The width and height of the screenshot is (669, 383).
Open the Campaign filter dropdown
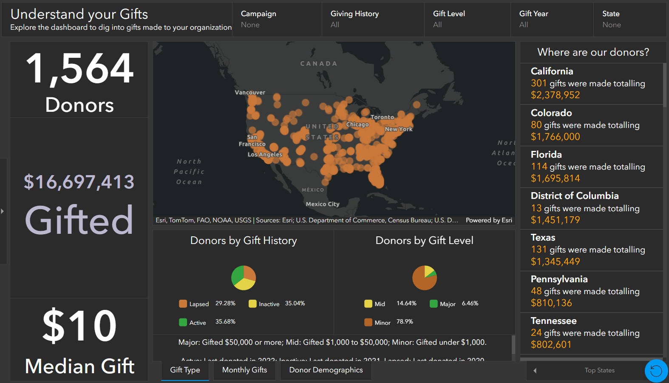[276, 20]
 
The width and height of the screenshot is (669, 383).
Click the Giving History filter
[372, 20]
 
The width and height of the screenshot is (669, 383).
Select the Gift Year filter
[551, 20]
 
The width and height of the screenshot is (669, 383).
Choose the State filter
[629, 20]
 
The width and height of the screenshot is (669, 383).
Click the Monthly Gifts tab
[244, 370]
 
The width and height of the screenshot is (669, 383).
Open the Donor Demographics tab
[326, 370]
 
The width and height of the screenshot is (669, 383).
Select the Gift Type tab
[185, 370]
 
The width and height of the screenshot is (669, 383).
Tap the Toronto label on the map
[382, 117]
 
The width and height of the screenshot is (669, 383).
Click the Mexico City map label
[323, 204]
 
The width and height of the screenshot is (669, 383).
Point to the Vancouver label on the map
[250, 93]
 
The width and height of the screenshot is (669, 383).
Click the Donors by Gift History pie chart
[244, 278]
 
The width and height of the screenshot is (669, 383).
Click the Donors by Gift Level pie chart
[424, 278]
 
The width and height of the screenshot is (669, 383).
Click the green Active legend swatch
[183, 322]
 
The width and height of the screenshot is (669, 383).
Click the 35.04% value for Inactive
[295, 304]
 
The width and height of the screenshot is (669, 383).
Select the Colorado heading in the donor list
[551, 113]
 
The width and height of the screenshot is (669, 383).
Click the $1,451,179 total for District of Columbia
[555, 220]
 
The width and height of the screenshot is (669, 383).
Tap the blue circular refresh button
[656, 371]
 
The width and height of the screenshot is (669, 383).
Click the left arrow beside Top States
[535, 371]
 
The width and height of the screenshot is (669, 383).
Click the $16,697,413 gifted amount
[79, 182]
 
